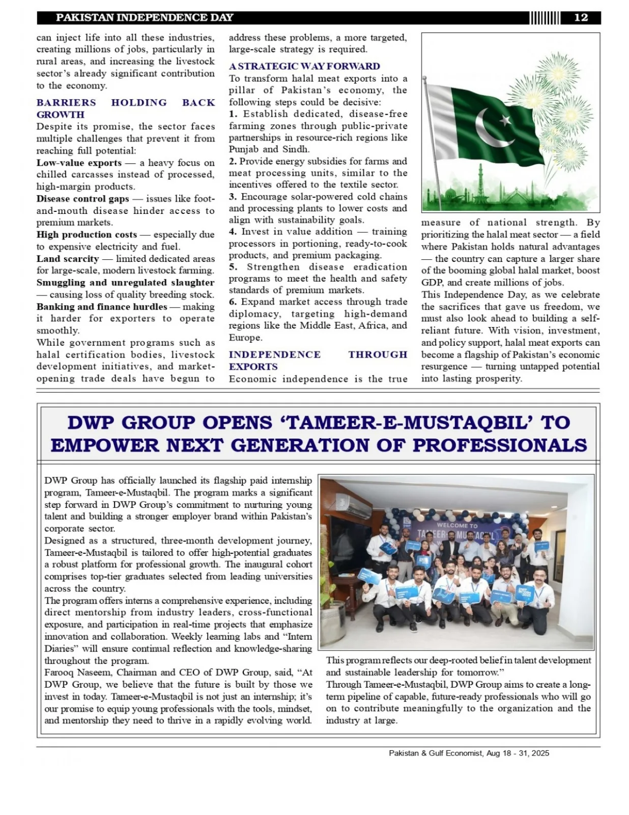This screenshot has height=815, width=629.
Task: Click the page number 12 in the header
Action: coord(581,18)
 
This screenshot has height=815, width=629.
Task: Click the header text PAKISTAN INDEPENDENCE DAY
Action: coord(145,18)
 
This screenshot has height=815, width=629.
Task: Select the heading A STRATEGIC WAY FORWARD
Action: coord(304,66)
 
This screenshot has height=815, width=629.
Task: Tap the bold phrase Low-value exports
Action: coord(79,163)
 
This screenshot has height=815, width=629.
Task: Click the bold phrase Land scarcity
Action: coord(68,259)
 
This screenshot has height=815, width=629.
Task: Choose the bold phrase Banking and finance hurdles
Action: coord(102,307)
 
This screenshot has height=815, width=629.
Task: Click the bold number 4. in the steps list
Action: coord(233,232)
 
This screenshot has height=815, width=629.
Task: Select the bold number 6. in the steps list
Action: coord(233,302)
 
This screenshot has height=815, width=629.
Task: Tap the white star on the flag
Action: coord(505,120)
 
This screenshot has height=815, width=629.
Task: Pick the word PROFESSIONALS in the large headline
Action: coord(500,446)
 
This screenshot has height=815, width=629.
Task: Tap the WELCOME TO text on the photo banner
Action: coord(457,525)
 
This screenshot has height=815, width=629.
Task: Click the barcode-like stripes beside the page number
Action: coord(545,18)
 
